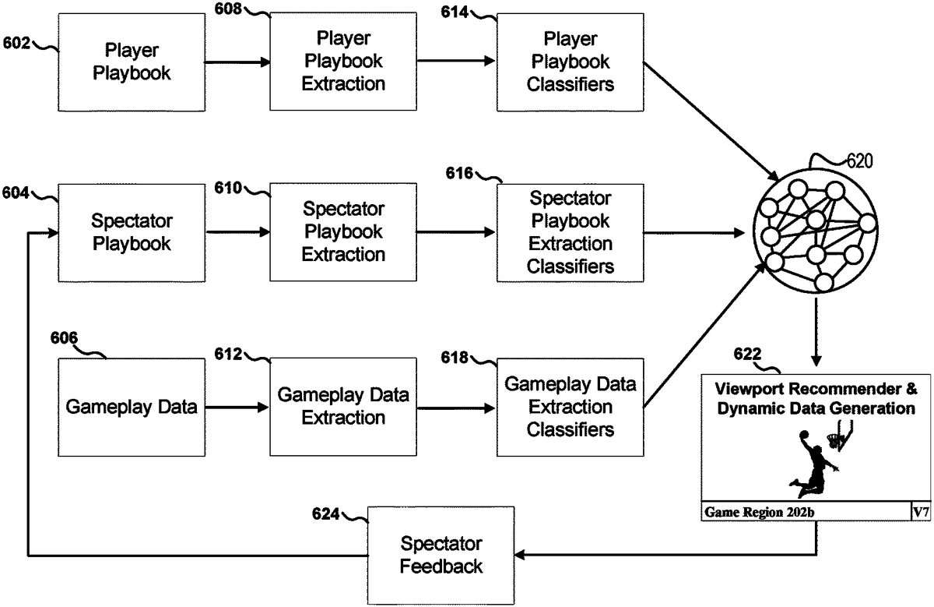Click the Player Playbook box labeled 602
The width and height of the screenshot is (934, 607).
click(x=132, y=62)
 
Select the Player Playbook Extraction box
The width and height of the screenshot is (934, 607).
click(x=343, y=62)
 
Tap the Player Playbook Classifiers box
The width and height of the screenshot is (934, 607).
click(x=570, y=62)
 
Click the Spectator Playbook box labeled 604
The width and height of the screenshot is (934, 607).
click(x=132, y=232)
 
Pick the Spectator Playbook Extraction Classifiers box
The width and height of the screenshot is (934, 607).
click(x=570, y=232)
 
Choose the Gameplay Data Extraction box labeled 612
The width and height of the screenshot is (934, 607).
click(x=343, y=407)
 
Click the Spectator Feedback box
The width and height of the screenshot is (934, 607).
click(x=441, y=556)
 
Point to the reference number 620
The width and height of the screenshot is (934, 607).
click(x=860, y=161)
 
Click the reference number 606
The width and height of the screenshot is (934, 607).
click(x=64, y=337)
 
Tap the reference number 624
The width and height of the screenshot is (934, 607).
click(x=325, y=514)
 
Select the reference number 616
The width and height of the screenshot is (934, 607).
click(x=459, y=173)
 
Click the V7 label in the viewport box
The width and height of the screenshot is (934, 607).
click(x=921, y=512)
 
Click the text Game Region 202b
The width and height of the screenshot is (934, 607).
click(x=760, y=512)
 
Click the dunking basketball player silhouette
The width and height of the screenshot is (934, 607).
click(x=813, y=464)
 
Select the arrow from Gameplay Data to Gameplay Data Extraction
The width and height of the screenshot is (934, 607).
click(x=237, y=407)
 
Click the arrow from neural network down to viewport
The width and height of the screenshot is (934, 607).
click(x=816, y=332)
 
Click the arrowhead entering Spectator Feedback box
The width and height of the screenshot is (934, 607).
click(x=520, y=555)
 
